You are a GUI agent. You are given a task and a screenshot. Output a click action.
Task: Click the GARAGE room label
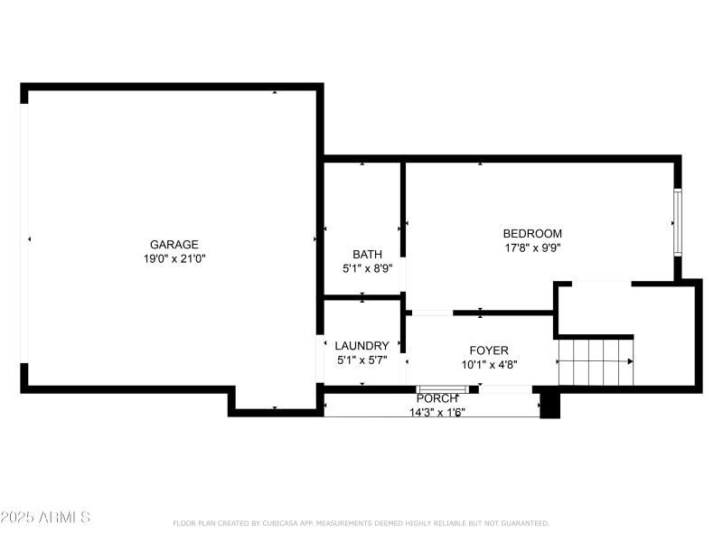tap(174, 244)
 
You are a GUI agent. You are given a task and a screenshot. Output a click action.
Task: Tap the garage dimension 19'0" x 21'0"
tap(174, 258)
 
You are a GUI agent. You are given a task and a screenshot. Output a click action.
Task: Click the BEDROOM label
tap(532, 233)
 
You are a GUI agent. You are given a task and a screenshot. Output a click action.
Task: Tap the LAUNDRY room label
tap(361, 345)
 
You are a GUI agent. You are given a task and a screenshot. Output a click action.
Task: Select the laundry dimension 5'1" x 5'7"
tap(361, 360)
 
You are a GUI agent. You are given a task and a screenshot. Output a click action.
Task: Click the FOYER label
tap(488, 350)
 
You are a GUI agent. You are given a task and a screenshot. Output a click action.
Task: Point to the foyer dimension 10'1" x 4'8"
tap(488, 365)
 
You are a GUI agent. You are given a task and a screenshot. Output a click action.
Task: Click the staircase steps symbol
tap(596, 361)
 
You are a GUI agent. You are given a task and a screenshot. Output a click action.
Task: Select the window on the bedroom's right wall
tap(676, 222)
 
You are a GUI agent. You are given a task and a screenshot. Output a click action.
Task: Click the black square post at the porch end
tap(549, 405)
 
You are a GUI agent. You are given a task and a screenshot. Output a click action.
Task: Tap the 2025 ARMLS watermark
tap(45, 518)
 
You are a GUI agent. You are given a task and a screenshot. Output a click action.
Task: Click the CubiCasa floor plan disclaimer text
tap(361, 523)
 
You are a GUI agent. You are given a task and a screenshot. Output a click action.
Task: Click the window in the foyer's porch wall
tap(442, 389)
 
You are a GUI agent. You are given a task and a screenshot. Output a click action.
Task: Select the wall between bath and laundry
tap(362, 296)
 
